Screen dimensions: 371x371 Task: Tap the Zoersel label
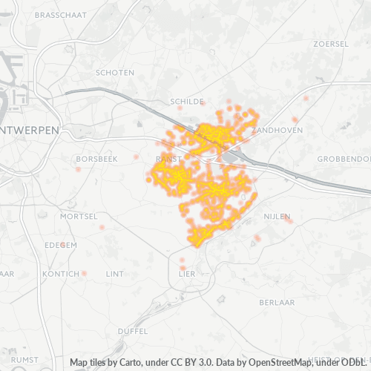331,44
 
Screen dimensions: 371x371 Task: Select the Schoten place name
115,72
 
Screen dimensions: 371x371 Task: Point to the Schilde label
186,101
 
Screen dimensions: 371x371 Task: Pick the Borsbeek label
97,159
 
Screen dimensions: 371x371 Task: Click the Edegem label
60,244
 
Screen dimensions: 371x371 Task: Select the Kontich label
61,274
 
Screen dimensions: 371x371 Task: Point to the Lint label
115,274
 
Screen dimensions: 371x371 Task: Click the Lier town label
186,274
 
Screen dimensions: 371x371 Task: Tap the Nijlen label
277,216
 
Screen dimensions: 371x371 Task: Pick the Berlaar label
278,303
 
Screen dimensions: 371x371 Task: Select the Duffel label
133,331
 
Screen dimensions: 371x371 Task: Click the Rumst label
24,359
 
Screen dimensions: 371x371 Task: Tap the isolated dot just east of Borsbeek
136,157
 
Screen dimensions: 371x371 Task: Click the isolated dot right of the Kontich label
85,274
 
